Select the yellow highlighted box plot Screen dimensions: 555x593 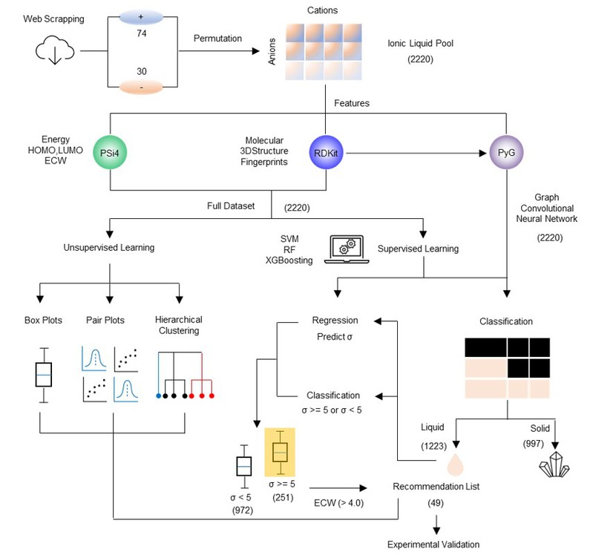(x=280, y=451)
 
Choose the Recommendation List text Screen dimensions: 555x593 (x=436, y=487)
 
